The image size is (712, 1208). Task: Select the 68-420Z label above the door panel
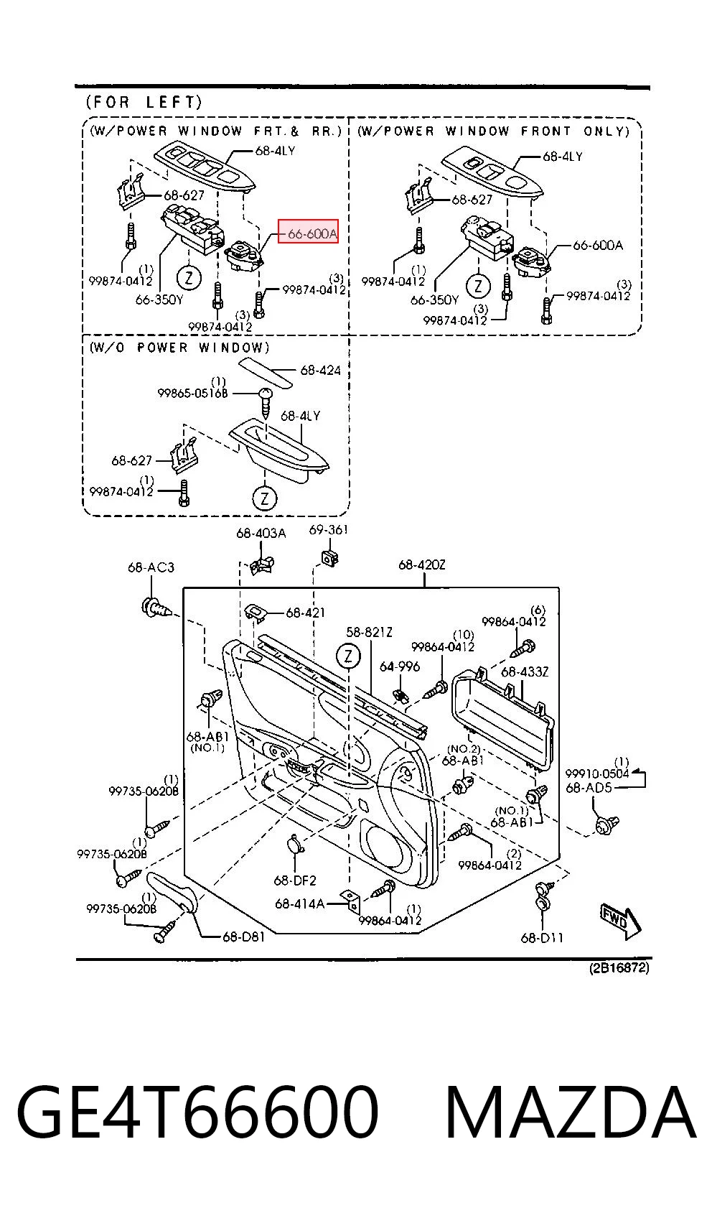pyautogui.click(x=421, y=564)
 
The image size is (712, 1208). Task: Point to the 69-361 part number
pyautogui.click(x=328, y=529)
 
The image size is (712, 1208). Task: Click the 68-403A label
pyautogui.click(x=261, y=534)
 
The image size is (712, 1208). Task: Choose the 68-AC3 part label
pyautogui.click(x=151, y=567)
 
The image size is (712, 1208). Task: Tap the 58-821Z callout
pyautogui.click(x=369, y=632)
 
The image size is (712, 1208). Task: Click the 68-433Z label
pyautogui.click(x=525, y=672)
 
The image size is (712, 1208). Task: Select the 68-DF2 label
pyautogui.click(x=295, y=880)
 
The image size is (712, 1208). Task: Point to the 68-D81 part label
pyautogui.click(x=243, y=937)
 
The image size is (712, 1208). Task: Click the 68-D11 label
pyautogui.click(x=542, y=938)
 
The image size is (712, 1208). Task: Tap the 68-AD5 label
pyautogui.click(x=589, y=788)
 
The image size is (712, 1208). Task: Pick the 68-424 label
pyautogui.click(x=320, y=370)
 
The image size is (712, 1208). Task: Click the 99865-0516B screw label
pyautogui.click(x=192, y=393)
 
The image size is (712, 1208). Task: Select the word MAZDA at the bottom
pyautogui.click(x=571, y=1112)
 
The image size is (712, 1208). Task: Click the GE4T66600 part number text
pyautogui.click(x=198, y=1112)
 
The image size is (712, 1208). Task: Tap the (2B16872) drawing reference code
pyautogui.click(x=619, y=968)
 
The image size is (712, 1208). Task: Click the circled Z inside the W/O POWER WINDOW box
pyautogui.click(x=264, y=498)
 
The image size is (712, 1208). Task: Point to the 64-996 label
pyautogui.click(x=399, y=666)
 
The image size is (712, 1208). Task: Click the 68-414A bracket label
pyautogui.click(x=300, y=903)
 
